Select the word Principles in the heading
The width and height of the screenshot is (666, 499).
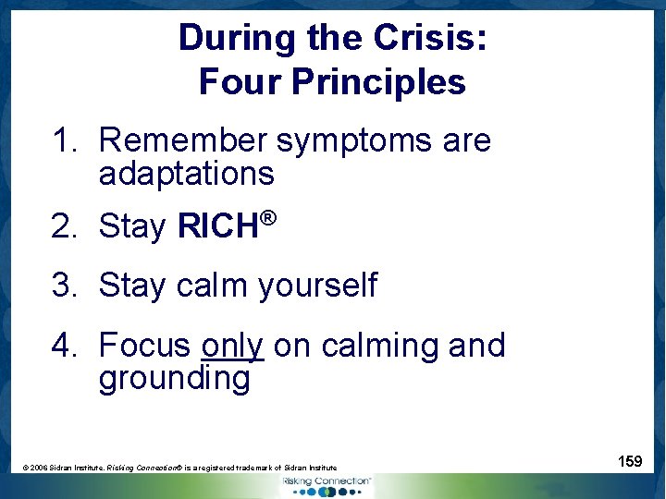pos(378,83)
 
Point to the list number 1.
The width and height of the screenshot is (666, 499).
pos(64,141)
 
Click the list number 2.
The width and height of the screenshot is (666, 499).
pos(64,225)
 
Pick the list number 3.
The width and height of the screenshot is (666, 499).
pos(64,286)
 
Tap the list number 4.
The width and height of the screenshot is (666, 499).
pos(64,346)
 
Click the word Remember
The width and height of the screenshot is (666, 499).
pos(182,141)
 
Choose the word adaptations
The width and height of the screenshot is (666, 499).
pos(186,174)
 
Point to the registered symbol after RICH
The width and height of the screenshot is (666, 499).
pos(268,218)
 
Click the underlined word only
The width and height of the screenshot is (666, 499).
pos(232,346)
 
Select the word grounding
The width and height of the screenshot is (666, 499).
pos(174,379)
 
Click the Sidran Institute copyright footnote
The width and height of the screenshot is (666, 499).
pos(179,469)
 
